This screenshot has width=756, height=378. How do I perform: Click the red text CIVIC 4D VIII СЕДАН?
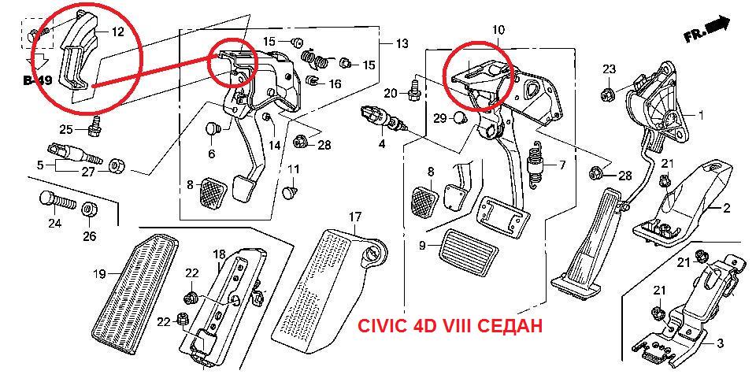[450, 324]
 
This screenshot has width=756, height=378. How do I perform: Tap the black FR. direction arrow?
[717, 27]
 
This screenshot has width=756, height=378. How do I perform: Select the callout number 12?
[117, 32]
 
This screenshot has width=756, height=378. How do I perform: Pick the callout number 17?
[355, 216]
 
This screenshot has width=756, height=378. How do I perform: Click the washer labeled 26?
[89, 210]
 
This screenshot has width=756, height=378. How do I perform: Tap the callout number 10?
[498, 30]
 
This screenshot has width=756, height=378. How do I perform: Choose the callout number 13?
[402, 43]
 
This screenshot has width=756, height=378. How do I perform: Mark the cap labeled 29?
[460, 119]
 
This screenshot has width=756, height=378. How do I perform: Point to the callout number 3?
[718, 343]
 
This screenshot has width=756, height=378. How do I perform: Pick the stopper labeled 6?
[211, 128]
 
